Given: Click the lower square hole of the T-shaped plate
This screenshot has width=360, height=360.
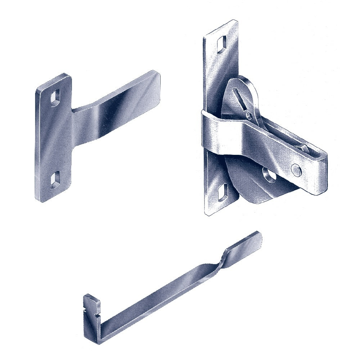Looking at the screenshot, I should tap(55, 179).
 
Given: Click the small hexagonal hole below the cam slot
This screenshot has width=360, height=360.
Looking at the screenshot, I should tap(249, 115).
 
